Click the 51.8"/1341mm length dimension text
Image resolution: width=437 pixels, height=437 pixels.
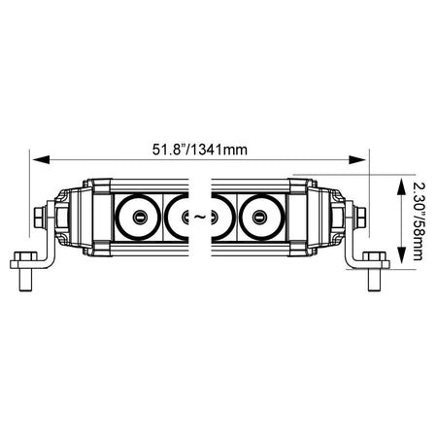[200, 150]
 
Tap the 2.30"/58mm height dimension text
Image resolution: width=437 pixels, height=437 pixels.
[418, 221]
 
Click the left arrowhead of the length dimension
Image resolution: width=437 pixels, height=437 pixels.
[41, 159]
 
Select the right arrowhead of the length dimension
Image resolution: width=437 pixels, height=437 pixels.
[356, 159]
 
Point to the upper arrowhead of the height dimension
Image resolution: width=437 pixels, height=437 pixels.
[401, 186]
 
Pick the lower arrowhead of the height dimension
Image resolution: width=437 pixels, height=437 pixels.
[401, 255]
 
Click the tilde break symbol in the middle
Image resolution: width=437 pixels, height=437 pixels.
[200, 217]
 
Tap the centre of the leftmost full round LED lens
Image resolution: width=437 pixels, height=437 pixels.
[138, 218]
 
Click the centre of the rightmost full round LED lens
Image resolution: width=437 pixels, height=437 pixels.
[260, 218]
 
